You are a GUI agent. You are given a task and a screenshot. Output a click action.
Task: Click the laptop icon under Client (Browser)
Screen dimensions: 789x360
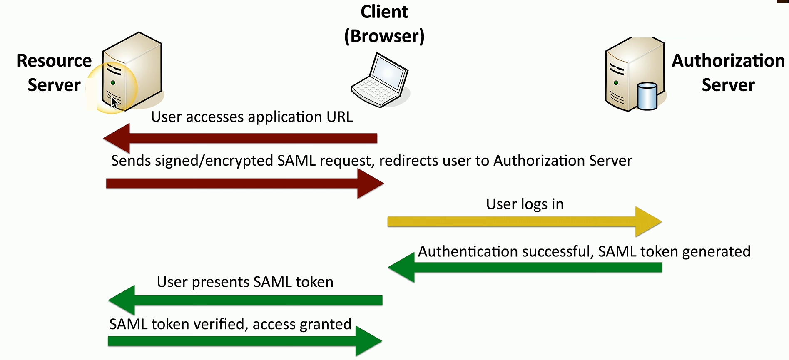click(380, 80)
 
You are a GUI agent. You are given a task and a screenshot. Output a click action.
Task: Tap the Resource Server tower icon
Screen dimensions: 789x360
click(132, 72)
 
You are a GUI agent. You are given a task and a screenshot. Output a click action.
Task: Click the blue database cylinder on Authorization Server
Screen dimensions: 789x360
click(647, 96)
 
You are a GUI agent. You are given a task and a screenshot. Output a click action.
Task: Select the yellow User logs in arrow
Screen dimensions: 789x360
click(524, 221)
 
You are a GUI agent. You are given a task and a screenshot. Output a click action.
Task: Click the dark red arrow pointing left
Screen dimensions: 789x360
click(240, 138)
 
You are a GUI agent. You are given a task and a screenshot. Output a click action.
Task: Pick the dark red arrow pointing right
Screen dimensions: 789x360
click(245, 184)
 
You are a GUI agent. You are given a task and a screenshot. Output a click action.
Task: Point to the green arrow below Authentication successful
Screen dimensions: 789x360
click(525, 268)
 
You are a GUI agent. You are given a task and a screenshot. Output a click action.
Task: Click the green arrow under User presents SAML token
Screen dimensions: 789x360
click(245, 300)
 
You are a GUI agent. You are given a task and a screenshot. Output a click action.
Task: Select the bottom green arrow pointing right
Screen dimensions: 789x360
click(245, 341)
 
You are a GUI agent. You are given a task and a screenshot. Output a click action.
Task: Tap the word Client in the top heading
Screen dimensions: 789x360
click(384, 12)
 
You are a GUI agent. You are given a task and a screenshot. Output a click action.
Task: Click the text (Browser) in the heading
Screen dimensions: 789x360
click(384, 36)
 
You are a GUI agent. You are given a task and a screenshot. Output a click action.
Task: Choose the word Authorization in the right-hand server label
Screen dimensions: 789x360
click(728, 61)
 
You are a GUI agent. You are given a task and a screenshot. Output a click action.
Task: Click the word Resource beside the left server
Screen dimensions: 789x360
click(54, 61)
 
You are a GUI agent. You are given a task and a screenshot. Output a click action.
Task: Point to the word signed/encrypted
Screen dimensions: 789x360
click(214, 161)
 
